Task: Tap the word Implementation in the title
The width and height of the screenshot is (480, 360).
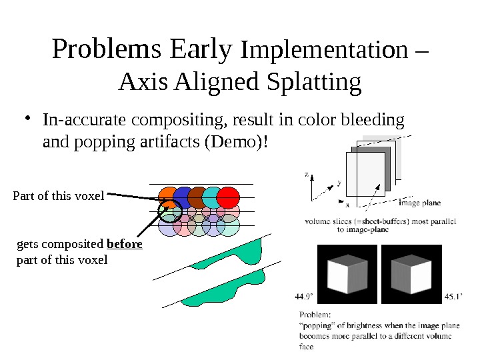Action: (x=327, y=50)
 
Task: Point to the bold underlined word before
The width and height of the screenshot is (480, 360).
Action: (x=125, y=245)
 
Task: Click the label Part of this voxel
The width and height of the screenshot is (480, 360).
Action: (x=59, y=196)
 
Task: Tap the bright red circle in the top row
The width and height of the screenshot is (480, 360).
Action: (x=228, y=197)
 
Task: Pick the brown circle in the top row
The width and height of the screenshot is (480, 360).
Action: (x=198, y=197)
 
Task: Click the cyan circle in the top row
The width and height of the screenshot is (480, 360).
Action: (x=213, y=197)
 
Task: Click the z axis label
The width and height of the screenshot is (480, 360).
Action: (x=307, y=174)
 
